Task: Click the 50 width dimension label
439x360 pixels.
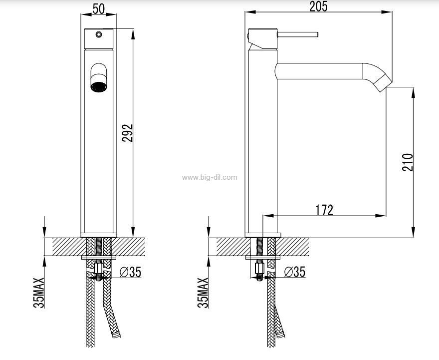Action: coord(99,8)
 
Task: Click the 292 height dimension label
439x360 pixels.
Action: coord(127,133)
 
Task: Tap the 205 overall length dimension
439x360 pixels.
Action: coord(318,6)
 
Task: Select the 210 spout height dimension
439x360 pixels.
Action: coord(408,162)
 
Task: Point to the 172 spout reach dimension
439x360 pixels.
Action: coord(324,210)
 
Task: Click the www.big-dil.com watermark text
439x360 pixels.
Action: coord(210,177)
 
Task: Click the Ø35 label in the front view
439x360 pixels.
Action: coord(131,272)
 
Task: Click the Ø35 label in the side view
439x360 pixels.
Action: coord(295,272)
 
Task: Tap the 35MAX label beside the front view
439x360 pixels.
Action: coord(39,293)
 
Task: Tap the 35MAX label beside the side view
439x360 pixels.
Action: coord(203,293)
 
